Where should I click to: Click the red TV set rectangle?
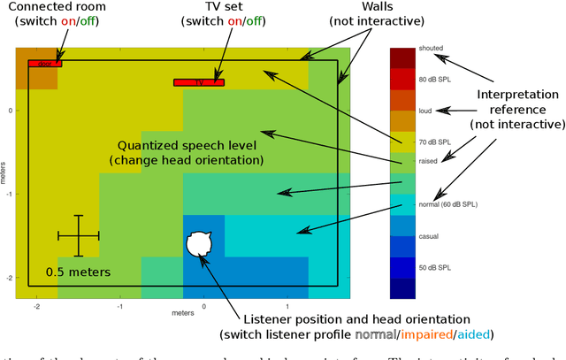coord(199,82)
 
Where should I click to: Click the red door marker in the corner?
coord(44,64)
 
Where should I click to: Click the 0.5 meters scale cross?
coord(78,235)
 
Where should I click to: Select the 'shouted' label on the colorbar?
coord(432,48)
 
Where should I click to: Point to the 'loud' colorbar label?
coord(425,111)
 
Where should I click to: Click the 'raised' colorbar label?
coord(428,161)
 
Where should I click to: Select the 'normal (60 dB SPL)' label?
coord(448,204)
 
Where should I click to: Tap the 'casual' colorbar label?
coord(429,236)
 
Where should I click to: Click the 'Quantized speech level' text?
coord(187,144)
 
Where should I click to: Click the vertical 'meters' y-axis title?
coord(4,173)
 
